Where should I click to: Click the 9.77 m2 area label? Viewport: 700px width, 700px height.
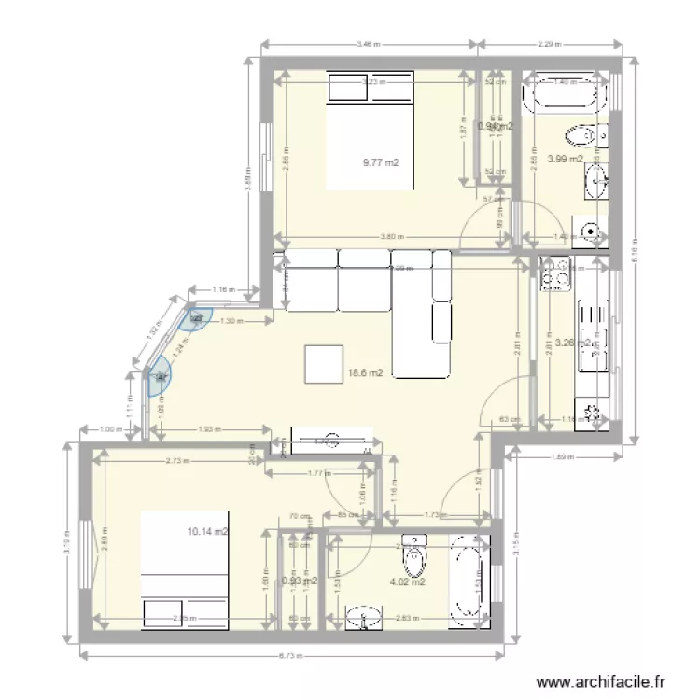pos(381,162)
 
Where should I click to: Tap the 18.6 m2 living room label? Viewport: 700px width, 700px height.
pos(366,372)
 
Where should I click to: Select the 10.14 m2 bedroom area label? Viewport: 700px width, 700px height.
pos(208,532)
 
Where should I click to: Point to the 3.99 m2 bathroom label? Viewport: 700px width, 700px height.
pos(565,159)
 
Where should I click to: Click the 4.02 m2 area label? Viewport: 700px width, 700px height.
pos(408,582)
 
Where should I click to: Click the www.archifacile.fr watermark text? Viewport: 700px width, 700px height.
pos(605,682)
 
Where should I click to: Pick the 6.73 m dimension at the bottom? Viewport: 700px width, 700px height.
pos(292,656)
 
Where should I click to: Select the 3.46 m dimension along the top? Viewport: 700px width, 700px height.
pos(370,43)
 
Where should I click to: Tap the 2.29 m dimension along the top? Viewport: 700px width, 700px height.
pos(551,43)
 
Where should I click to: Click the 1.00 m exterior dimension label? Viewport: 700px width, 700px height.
pos(111,429)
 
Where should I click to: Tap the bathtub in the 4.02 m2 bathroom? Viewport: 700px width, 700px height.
pos(466,579)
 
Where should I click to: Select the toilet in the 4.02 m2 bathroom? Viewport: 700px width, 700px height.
pos(413,557)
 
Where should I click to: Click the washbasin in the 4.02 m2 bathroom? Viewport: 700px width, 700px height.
pos(366,616)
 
